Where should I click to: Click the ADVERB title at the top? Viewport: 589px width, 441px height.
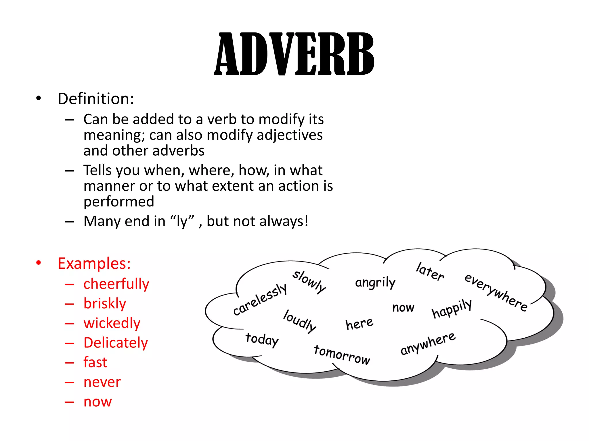[294, 54]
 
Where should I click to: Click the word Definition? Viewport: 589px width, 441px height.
[96, 99]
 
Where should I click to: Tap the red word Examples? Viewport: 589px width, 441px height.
[94, 263]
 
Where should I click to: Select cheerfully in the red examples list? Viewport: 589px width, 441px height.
[116, 284]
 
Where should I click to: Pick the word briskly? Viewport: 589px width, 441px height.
[105, 303]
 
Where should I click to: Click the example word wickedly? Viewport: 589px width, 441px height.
[112, 323]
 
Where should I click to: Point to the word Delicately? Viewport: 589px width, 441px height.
[116, 343]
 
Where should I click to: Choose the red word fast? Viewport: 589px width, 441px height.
[95, 362]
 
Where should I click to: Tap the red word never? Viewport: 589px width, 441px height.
[102, 382]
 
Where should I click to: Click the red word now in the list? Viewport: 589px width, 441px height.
[97, 401]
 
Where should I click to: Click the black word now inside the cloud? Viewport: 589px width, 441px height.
[403, 307]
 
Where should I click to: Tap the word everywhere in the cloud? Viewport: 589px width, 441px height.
[496, 292]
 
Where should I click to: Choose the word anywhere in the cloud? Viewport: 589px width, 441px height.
[428, 343]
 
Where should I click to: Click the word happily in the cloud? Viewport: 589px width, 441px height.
[452, 309]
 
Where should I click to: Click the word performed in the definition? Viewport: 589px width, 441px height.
[119, 202]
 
